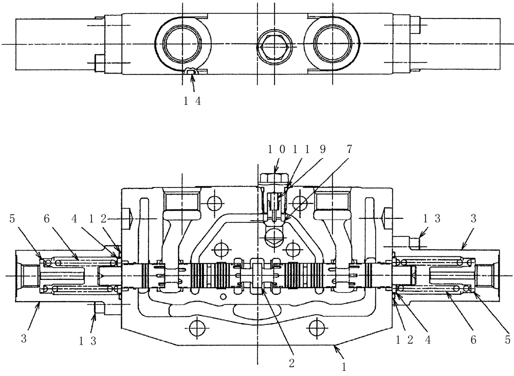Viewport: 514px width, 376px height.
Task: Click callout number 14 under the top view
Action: (x=192, y=101)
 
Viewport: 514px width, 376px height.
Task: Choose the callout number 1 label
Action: (x=344, y=367)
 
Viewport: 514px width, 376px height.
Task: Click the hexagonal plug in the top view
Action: (x=274, y=45)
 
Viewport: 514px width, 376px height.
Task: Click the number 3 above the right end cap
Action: (x=473, y=218)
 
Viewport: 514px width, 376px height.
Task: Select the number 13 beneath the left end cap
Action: (x=87, y=340)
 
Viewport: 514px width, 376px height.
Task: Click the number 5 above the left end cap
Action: (x=11, y=218)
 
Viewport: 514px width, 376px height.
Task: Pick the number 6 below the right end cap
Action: (x=473, y=340)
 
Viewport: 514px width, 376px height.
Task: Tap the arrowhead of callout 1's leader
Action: (x=335, y=348)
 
